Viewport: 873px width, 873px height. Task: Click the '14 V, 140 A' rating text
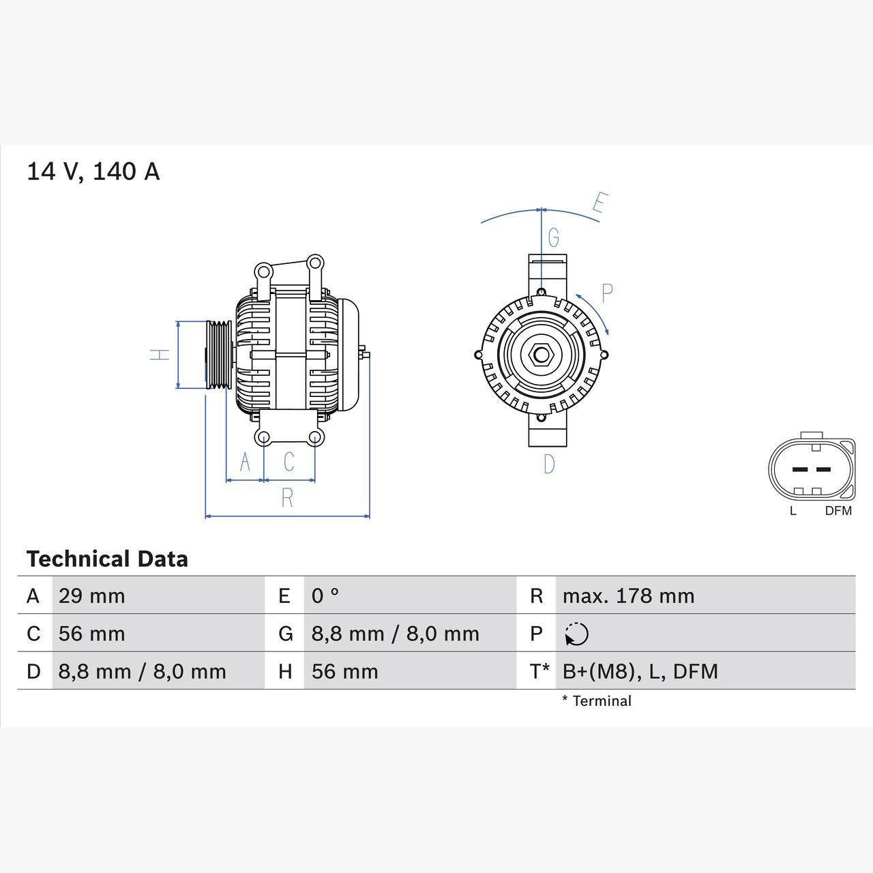(x=93, y=171)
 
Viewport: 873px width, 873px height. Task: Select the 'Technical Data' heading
(x=107, y=559)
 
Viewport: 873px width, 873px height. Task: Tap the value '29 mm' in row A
(x=91, y=596)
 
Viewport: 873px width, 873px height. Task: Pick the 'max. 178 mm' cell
(x=628, y=596)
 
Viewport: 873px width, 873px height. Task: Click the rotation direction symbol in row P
(x=576, y=634)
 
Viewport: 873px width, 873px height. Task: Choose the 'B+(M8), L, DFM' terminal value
(x=640, y=672)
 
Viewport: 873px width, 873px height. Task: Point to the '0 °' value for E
(x=325, y=596)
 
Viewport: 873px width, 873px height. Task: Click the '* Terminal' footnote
(x=597, y=701)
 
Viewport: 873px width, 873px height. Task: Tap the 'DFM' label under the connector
(x=838, y=511)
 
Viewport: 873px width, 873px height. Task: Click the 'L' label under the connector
(x=793, y=511)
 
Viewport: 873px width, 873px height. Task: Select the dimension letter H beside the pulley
(x=160, y=355)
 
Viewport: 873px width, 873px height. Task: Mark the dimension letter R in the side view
(x=287, y=499)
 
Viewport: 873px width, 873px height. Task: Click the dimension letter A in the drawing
(x=245, y=462)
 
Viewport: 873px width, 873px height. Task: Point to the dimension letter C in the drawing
(x=288, y=462)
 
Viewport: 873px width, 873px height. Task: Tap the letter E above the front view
(x=600, y=203)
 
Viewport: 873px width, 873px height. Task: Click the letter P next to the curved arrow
(x=607, y=293)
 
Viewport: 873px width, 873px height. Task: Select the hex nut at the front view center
(x=541, y=355)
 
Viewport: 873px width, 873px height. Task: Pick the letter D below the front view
(x=549, y=464)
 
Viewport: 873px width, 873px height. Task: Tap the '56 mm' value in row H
(x=344, y=672)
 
